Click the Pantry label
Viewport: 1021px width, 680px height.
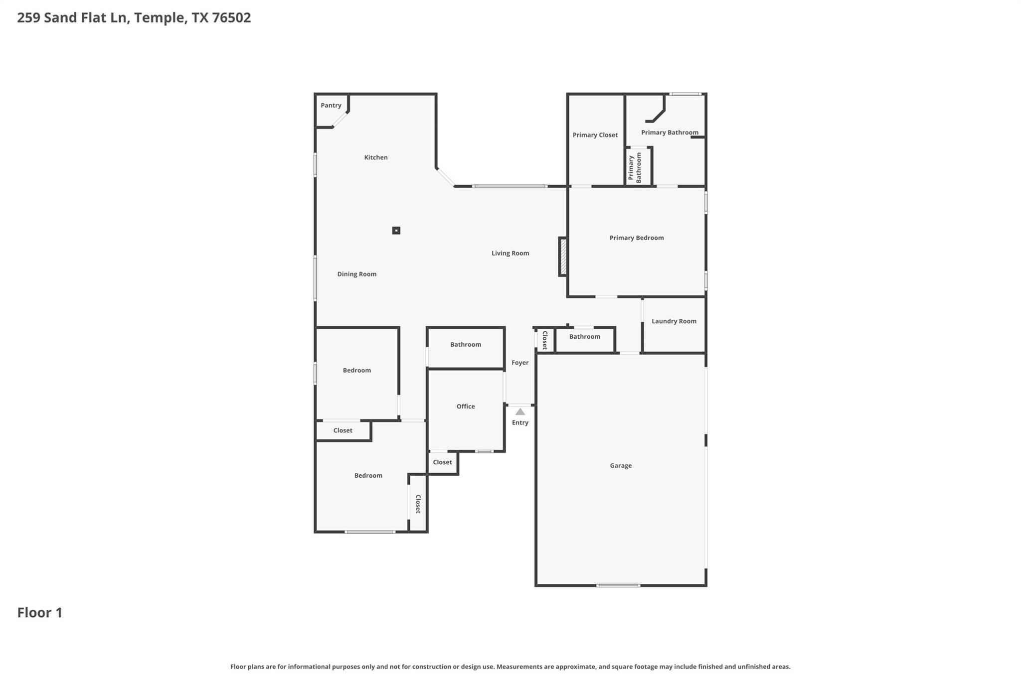click(331, 106)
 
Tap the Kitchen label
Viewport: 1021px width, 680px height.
click(375, 157)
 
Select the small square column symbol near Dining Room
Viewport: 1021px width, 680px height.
click(396, 231)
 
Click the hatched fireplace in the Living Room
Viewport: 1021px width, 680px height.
click(563, 257)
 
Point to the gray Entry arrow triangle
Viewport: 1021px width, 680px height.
click(520, 412)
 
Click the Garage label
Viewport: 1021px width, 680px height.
click(621, 466)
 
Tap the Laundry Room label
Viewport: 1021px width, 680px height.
click(674, 321)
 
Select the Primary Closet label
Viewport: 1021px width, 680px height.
click(595, 135)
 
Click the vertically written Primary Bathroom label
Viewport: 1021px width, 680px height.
click(635, 167)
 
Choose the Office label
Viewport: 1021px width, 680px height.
click(465, 407)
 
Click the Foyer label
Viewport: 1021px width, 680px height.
click(519, 363)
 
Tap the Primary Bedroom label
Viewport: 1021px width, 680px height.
click(636, 238)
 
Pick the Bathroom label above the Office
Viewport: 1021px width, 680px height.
click(465, 345)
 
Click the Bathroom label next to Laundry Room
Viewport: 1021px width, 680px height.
click(584, 337)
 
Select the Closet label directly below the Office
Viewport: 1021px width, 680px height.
click(442, 462)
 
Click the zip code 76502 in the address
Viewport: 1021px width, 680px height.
click(231, 18)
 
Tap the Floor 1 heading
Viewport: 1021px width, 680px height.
click(40, 613)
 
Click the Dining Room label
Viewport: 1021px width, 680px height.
click(356, 274)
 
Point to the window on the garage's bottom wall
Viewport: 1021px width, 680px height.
click(618, 585)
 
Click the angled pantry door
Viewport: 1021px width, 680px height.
click(340, 120)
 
